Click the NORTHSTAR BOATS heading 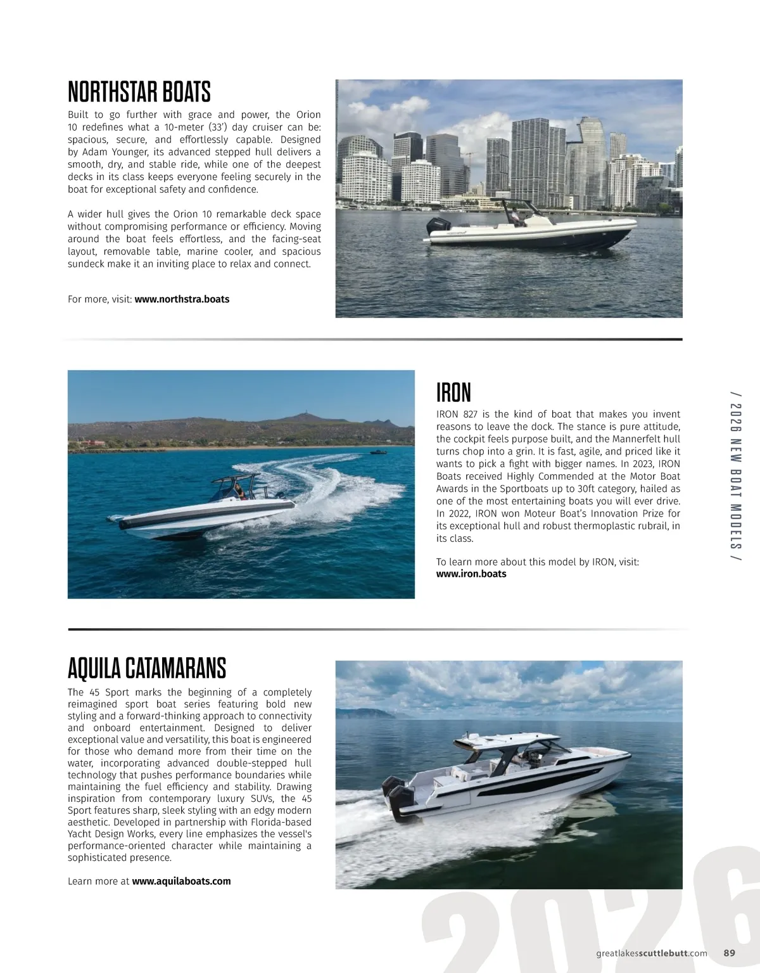139,93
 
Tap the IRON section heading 453,393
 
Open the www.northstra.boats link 182,299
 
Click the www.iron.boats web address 471,574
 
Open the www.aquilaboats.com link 181,881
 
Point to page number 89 729,952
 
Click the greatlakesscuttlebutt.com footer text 652,952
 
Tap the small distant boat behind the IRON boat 378,452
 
